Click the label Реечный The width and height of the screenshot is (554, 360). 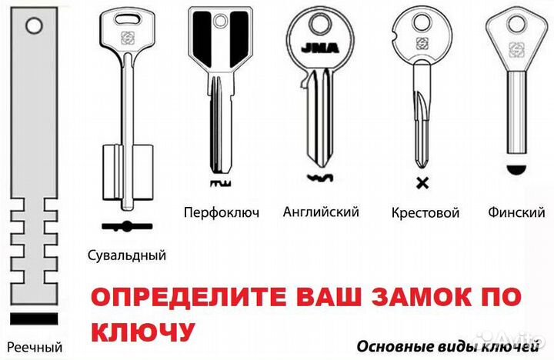pos(35,347)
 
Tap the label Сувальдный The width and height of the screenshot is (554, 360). pos(127,255)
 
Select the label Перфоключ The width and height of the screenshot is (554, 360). pos(222,212)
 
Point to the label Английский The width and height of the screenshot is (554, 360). pos(321,212)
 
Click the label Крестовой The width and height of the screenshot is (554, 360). pos(426,212)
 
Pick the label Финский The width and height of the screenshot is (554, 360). pos(516,212)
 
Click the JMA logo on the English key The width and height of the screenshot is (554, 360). pos(320,48)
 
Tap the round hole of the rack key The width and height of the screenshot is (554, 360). pos(35,26)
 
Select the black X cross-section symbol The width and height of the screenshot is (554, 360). pos(422,183)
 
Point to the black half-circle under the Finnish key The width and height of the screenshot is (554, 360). pos(517,169)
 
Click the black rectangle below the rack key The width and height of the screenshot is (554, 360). pos(34,318)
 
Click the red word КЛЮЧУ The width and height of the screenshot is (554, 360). pos(143,332)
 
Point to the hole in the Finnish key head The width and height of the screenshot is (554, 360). pos(516,25)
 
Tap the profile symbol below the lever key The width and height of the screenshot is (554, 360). pos(127,226)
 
